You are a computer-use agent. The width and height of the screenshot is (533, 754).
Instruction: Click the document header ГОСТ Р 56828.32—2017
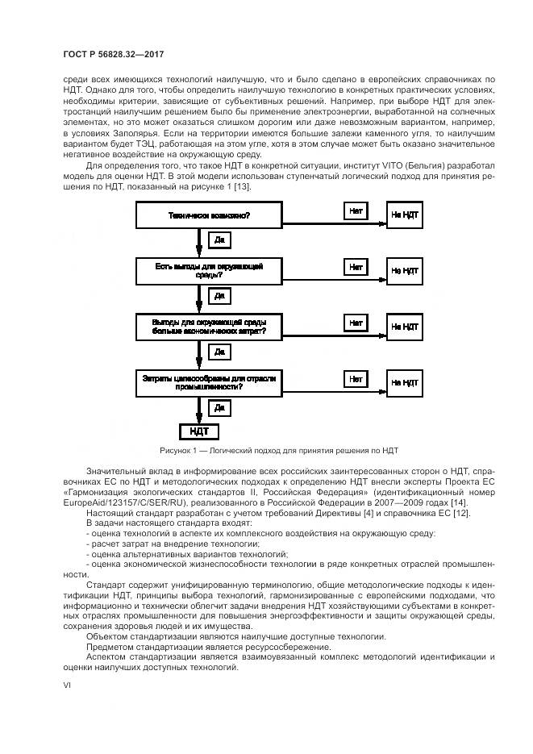pyautogui.click(x=119, y=54)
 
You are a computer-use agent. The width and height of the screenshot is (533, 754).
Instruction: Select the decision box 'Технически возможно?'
pyautogui.click(x=208, y=215)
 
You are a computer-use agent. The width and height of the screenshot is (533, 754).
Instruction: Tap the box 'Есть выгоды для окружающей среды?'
pyautogui.click(x=208, y=270)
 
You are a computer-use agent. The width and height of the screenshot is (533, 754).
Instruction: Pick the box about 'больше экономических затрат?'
pyautogui.click(x=208, y=327)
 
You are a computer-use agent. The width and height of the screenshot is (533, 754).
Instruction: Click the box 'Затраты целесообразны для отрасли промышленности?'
pyautogui.click(x=208, y=382)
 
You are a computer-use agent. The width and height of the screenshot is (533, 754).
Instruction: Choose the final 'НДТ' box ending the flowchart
pyautogui.click(x=198, y=431)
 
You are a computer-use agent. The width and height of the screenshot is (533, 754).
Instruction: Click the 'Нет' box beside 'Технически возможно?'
pyautogui.click(x=356, y=210)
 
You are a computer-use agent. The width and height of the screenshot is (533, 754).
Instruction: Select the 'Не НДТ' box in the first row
pyautogui.click(x=404, y=215)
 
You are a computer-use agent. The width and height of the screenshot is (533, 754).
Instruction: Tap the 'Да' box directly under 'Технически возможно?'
pyautogui.click(x=219, y=240)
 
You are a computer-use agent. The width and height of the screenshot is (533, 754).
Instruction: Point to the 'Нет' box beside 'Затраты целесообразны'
pyautogui.click(x=356, y=377)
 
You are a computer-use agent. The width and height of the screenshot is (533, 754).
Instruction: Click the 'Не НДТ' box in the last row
pyautogui.click(x=404, y=382)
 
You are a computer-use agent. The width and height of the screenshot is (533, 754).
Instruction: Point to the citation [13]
pyautogui.click(x=241, y=187)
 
